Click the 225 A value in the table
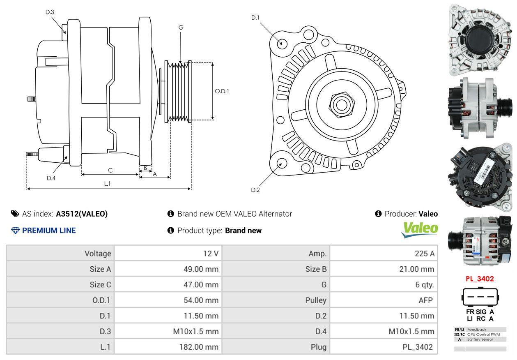[424, 254]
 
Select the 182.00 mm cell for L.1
[198, 347]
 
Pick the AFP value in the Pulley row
[425, 300]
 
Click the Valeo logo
[420, 230]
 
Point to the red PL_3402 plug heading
[479, 279]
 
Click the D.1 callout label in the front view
[255, 18]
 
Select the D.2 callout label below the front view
[255, 190]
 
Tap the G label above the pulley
[181, 28]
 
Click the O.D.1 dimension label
[222, 91]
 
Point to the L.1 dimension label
[107, 184]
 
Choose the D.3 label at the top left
[50, 12]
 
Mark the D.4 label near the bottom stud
[51, 178]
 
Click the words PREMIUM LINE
[49, 231]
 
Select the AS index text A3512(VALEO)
[82, 214]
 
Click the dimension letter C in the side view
[110, 170]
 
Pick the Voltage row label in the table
[98, 254]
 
